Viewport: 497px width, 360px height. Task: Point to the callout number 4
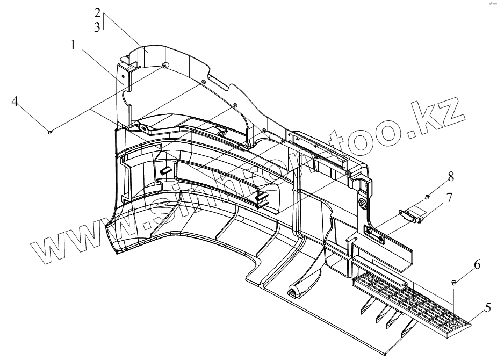coord(16,101)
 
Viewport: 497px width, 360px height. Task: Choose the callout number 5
coord(488,308)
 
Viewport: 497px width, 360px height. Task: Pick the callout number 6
coord(462,264)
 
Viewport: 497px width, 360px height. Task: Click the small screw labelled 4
coord(50,131)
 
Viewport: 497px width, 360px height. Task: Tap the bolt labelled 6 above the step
coord(453,281)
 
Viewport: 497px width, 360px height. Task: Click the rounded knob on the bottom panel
coord(294,292)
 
